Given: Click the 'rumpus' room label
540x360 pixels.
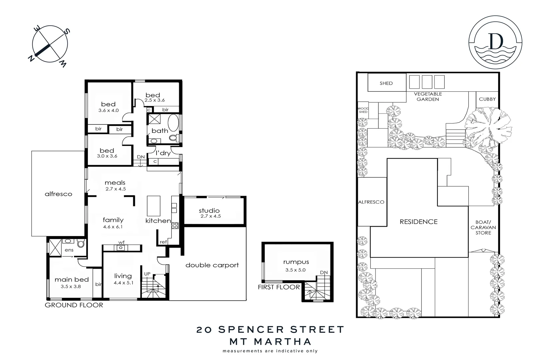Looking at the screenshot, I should [x=296, y=262].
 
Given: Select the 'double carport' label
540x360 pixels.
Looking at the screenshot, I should [x=212, y=265].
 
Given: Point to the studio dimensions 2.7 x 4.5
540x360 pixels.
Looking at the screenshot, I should [x=211, y=216].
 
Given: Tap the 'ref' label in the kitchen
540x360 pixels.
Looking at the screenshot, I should [x=163, y=242].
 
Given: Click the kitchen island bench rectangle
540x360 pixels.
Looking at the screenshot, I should [x=154, y=206].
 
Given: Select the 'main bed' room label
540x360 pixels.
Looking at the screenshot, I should [x=72, y=279].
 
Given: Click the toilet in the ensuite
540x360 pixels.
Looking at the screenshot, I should [x=80, y=244].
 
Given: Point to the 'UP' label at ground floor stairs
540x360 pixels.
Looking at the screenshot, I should [x=147, y=274].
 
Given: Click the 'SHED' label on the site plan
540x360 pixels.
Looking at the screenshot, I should [x=386, y=83].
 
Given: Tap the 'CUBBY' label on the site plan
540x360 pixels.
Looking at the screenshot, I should [x=487, y=99].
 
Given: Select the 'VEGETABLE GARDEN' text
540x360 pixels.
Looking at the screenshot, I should [x=428, y=97].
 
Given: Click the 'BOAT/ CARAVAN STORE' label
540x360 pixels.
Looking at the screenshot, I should [x=483, y=227].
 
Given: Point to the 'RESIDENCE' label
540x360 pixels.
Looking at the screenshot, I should [x=418, y=222].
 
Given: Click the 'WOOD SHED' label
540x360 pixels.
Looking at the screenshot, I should [x=363, y=110].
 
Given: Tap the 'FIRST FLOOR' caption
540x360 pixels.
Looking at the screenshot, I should [x=278, y=287].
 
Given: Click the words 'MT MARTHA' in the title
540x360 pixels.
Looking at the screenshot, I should [x=270, y=341].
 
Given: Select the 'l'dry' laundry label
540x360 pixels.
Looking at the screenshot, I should [x=163, y=153].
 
